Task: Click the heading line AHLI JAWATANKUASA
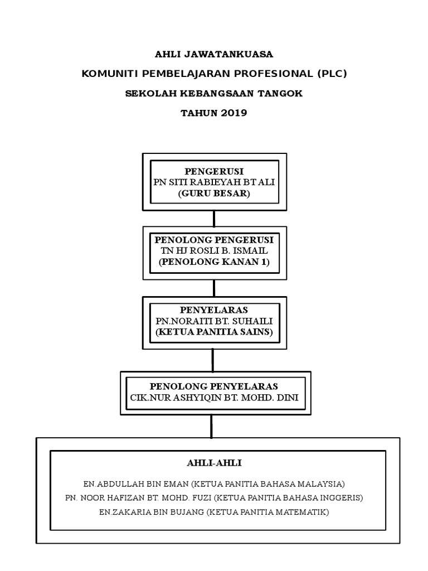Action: coord(214,54)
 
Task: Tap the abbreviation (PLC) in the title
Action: coord(332,73)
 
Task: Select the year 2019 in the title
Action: coord(234,113)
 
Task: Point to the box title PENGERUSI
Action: coord(214,171)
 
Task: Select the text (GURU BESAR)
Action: coord(214,193)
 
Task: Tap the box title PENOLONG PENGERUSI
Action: coord(214,240)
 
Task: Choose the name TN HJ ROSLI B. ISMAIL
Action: coord(214,251)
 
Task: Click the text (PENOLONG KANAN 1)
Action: coord(214,262)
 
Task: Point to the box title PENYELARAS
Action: coord(214,309)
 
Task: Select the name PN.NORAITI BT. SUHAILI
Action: coord(214,321)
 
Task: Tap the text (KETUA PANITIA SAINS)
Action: coord(214,332)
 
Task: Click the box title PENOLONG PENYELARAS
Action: coord(214,386)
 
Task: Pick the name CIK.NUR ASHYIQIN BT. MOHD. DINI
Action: coord(214,398)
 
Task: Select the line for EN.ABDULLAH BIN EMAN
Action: coord(214,483)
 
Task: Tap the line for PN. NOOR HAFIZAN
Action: coord(214,497)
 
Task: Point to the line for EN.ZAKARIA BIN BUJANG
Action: coord(214,511)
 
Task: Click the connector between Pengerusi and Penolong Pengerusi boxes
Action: coord(214,218)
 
